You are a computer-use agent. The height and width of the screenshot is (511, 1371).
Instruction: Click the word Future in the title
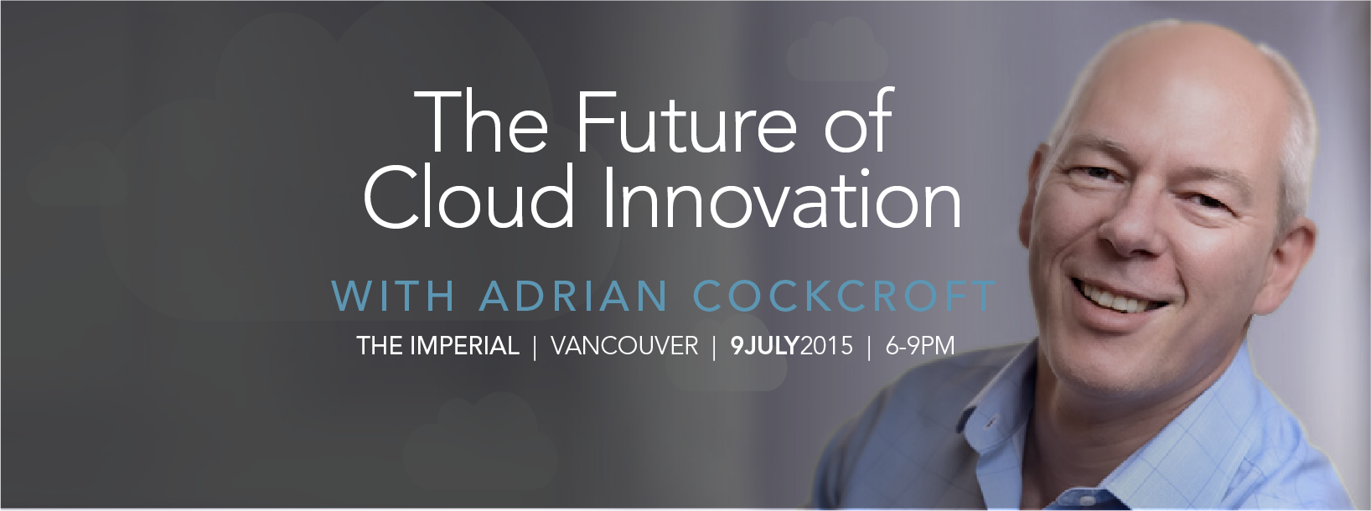click(686, 122)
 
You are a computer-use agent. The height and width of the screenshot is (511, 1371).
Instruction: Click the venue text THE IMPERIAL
click(437, 346)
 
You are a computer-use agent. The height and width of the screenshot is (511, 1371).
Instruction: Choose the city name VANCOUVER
click(624, 346)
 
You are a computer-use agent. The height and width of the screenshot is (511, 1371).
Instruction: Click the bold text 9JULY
click(766, 346)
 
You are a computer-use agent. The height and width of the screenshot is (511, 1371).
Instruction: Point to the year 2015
click(826, 346)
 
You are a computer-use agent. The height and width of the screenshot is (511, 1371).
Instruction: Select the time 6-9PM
click(920, 346)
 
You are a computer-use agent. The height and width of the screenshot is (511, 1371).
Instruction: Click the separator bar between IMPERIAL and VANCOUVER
click(535, 347)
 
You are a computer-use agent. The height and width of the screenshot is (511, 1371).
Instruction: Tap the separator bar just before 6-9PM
click(869, 347)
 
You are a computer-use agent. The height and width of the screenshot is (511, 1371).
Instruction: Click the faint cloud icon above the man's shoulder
click(726, 356)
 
